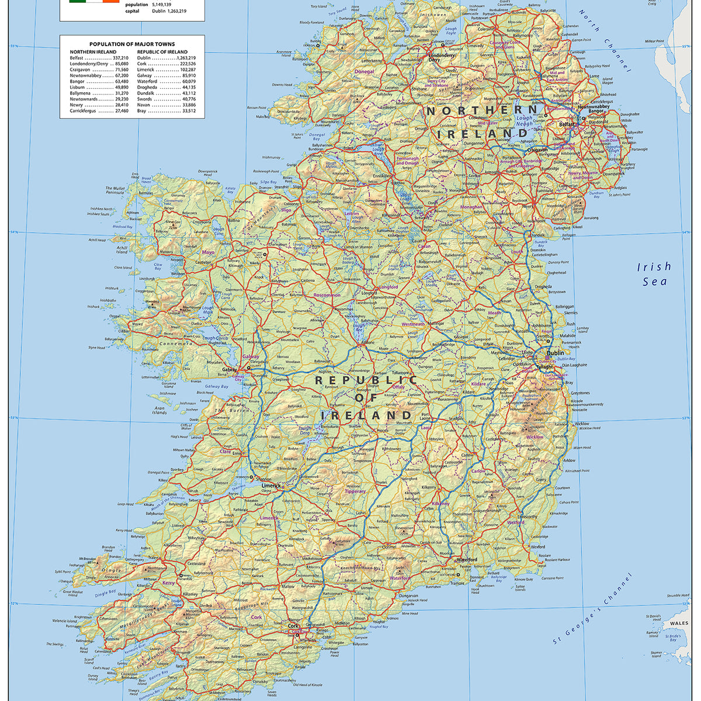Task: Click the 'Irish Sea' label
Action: [654, 273]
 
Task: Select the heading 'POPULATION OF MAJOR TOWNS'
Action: [131, 44]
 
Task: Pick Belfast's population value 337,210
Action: [120, 58]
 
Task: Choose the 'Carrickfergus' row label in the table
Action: [83, 110]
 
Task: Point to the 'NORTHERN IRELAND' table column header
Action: [93, 51]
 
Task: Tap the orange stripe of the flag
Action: [111, 1]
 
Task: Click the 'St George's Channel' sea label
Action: [594, 609]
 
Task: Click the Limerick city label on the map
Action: [271, 485]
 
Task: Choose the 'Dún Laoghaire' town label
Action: [573, 365]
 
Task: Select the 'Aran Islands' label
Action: [159, 410]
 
